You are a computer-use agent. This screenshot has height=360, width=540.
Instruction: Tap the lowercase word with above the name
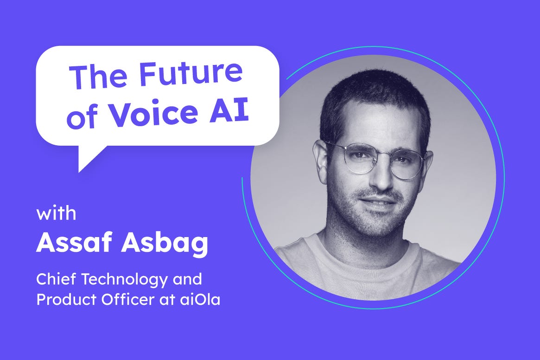coord(56,214)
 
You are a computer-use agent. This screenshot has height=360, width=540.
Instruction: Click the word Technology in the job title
coord(125,280)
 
